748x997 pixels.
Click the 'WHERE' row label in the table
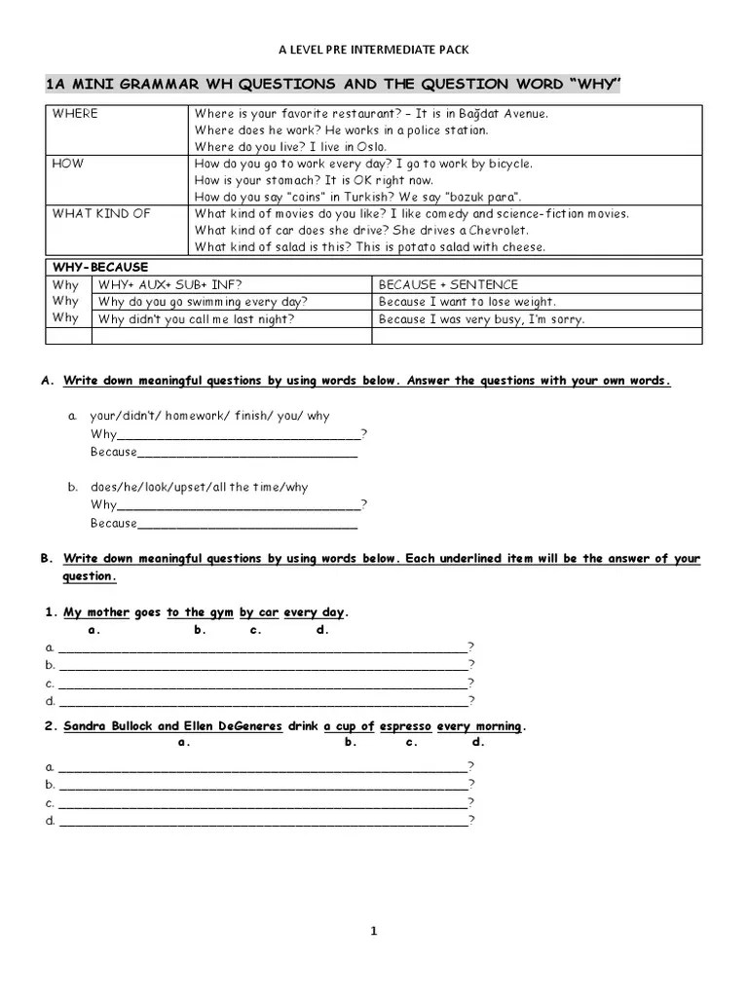[x=75, y=114]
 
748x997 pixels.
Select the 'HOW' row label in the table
[x=68, y=165]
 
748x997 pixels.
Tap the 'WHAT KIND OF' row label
[x=101, y=214]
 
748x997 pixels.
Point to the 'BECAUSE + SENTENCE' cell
[x=448, y=284]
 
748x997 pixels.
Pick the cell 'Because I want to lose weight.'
[x=467, y=302]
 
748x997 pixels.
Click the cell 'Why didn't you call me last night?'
[x=196, y=319]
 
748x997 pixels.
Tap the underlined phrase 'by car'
[x=258, y=612]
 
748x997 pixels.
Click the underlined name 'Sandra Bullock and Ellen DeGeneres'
[x=172, y=726]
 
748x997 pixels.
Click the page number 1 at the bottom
[x=373, y=931]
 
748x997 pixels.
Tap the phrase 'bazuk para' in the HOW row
[x=483, y=198]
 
